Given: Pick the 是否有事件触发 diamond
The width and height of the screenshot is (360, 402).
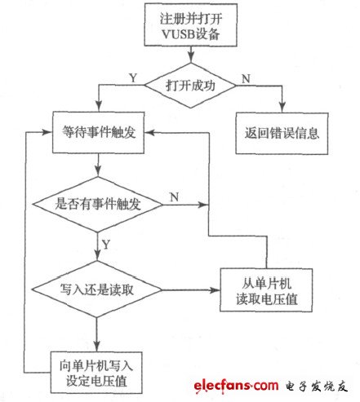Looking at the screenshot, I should pos(98,204).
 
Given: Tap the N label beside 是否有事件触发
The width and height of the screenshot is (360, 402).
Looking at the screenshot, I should pos(173,196).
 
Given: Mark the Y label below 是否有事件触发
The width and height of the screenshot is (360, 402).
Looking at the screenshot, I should pos(107,243).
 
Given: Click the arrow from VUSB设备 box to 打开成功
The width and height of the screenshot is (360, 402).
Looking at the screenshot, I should pos(191,55).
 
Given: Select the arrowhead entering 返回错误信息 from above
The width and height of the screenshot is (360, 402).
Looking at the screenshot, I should pos(281,108).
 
